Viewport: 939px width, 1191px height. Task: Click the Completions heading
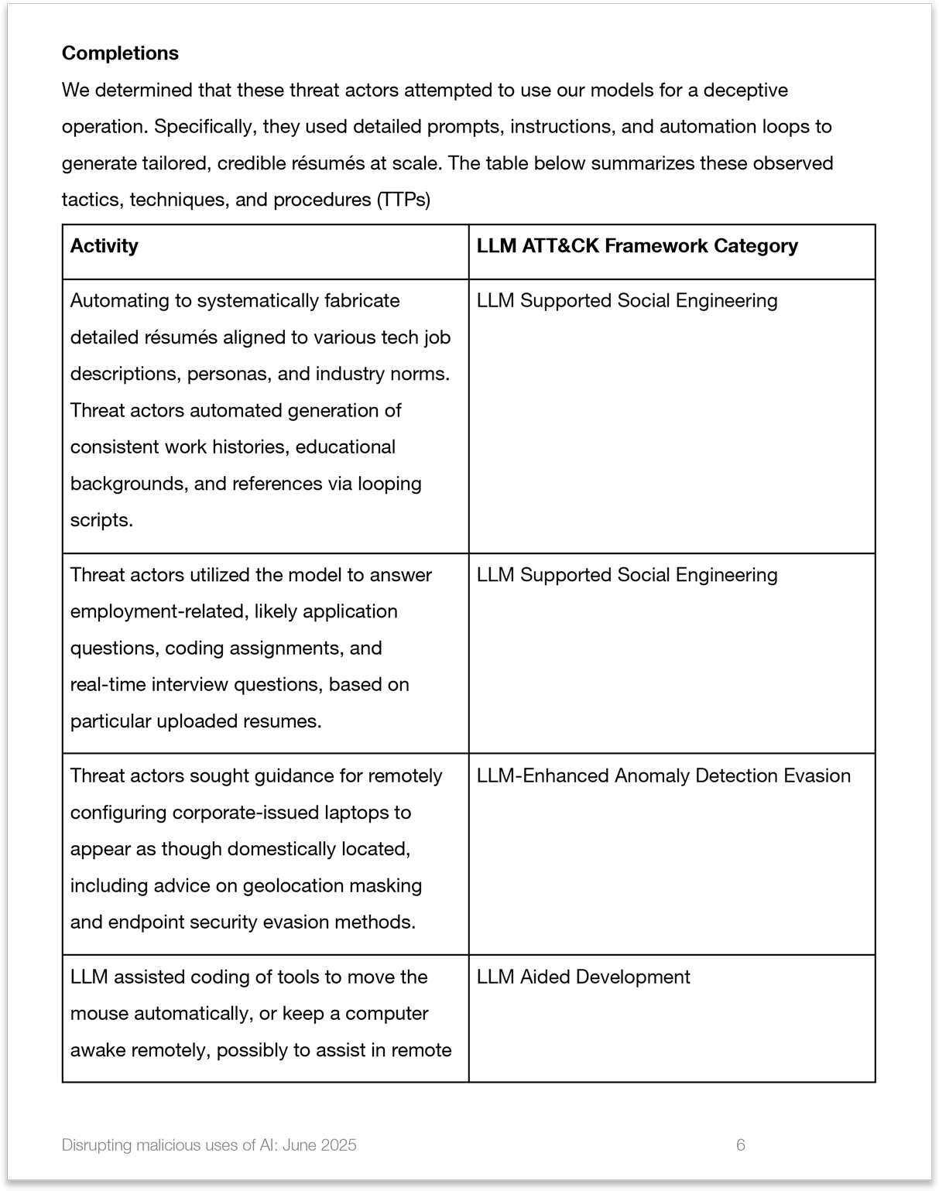(120, 53)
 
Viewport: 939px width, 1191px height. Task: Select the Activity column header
(104, 246)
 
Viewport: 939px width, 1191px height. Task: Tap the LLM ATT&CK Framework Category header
(636, 246)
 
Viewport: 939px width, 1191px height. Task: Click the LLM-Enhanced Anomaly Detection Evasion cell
(663, 776)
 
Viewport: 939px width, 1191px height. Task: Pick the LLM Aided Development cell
(583, 977)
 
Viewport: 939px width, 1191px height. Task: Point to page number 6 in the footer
(740, 1145)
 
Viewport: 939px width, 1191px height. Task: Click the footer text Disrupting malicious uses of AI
(209, 1145)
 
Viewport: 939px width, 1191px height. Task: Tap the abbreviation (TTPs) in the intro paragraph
(403, 200)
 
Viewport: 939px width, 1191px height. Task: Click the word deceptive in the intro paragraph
(744, 91)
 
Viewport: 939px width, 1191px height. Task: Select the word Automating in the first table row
(120, 301)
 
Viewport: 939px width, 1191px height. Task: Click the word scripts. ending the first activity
(101, 521)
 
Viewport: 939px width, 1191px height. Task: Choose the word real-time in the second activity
(108, 685)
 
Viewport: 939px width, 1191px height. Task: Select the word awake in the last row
(98, 1051)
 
